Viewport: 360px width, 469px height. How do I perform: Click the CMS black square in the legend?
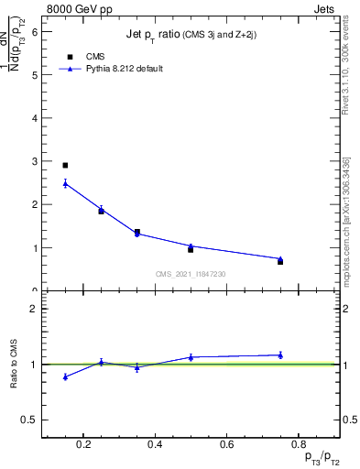point(71,57)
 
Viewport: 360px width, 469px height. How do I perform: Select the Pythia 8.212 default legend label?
point(125,69)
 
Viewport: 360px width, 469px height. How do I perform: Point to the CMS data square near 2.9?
point(65,166)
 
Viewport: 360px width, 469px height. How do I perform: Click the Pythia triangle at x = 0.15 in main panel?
point(65,183)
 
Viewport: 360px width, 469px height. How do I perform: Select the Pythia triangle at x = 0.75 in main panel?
point(280,258)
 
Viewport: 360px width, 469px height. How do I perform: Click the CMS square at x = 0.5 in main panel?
point(191,249)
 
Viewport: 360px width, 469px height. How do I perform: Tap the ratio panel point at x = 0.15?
point(65,376)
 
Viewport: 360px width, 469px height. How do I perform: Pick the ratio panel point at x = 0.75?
point(280,354)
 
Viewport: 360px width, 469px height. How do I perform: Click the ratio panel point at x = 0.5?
point(191,357)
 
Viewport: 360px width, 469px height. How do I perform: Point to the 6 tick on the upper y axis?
point(35,31)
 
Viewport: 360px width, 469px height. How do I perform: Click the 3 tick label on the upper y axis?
point(35,161)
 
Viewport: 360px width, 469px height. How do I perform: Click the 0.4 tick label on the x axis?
point(156,446)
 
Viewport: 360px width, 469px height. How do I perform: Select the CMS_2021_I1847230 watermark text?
point(191,274)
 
